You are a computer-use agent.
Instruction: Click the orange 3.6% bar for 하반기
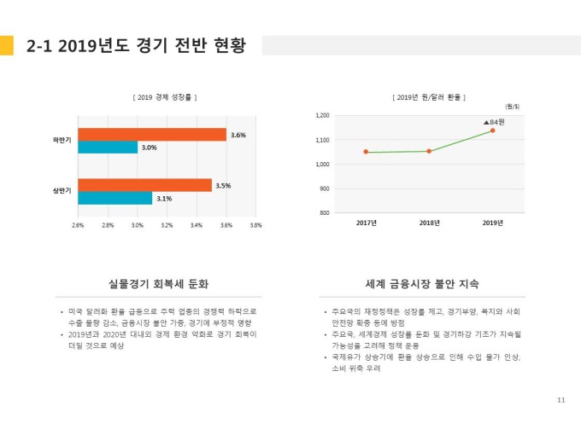pyautogui.click(x=152, y=135)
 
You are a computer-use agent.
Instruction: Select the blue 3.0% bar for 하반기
pyautogui.click(x=108, y=148)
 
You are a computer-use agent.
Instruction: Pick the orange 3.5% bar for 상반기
pyautogui.click(x=144, y=185)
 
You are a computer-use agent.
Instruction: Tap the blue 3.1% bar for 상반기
pyautogui.click(x=114, y=198)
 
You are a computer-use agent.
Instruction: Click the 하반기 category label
pyautogui.click(x=62, y=140)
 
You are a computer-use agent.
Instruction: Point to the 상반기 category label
pyautogui.click(x=62, y=191)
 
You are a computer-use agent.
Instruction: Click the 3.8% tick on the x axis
pyautogui.click(x=255, y=225)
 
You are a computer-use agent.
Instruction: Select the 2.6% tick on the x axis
pyautogui.click(x=78, y=225)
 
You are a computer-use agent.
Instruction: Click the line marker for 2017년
pyautogui.click(x=366, y=152)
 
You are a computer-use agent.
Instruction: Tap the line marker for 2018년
pyautogui.click(x=429, y=151)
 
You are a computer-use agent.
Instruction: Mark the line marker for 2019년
pyautogui.click(x=492, y=130)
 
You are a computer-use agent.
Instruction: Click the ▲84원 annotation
pyautogui.click(x=494, y=122)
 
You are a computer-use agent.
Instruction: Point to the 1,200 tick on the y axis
pyautogui.click(x=322, y=115)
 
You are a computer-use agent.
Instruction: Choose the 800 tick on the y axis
pyautogui.click(x=325, y=212)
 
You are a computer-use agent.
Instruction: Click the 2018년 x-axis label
pyautogui.click(x=429, y=223)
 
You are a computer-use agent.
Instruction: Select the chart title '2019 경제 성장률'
pyautogui.click(x=165, y=97)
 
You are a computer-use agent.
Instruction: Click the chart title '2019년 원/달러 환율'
pyautogui.click(x=428, y=97)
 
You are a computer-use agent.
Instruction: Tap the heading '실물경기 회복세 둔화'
pyautogui.click(x=159, y=283)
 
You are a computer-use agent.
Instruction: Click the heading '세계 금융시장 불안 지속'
pyautogui.click(x=422, y=283)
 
